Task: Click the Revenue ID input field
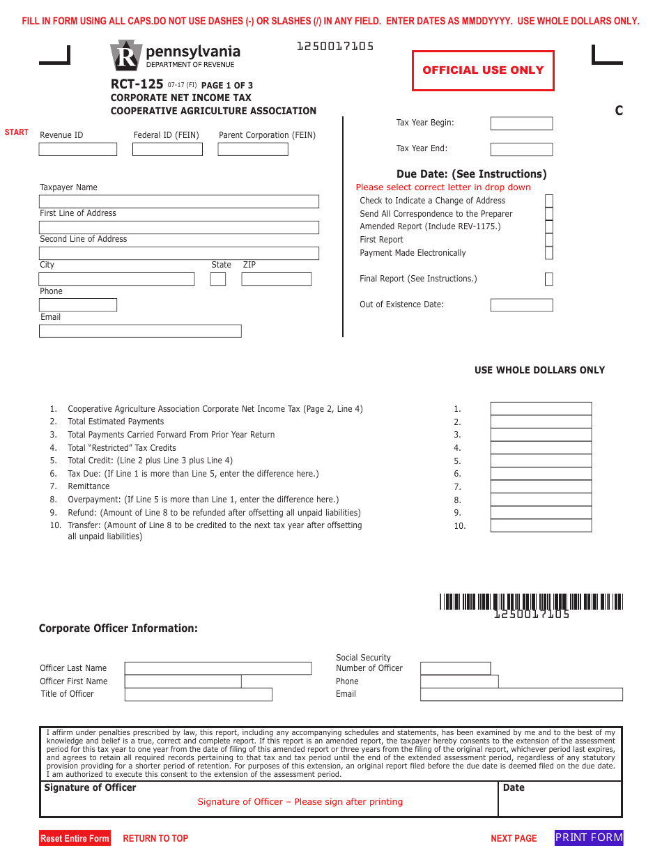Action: [x=77, y=149]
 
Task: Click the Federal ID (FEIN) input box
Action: [x=167, y=149]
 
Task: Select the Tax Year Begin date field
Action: [x=521, y=123]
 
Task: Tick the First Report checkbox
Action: [x=549, y=240]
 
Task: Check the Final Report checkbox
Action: [x=549, y=279]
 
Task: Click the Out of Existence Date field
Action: [x=521, y=305]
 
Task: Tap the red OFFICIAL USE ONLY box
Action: [x=483, y=70]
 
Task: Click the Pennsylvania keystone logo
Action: [x=125, y=55]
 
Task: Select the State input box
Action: [x=218, y=279]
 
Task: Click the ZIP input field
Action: [x=276, y=279]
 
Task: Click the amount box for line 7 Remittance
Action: [x=541, y=487]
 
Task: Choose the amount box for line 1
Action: [x=541, y=409]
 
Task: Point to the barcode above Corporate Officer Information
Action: [x=531, y=601]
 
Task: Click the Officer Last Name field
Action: [x=218, y=668]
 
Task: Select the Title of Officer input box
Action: [x=199, y=695]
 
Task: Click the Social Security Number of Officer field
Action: [x=456, y=668]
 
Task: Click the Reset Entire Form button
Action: [x=75, y=838]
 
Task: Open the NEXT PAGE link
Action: [x=514, y=838]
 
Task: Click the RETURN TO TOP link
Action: [x=155, y=838]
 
